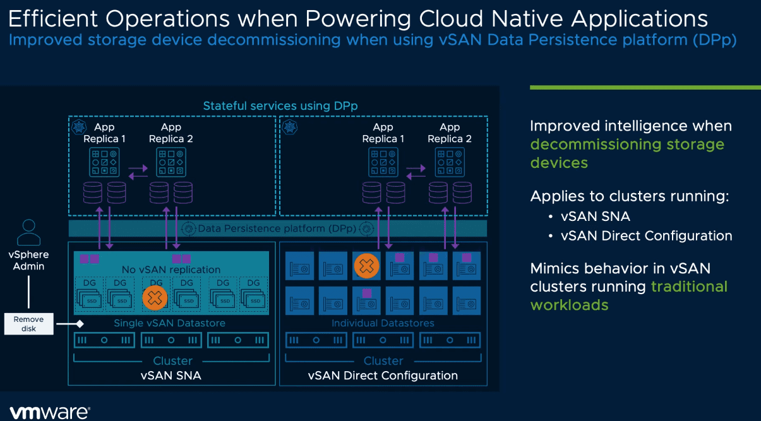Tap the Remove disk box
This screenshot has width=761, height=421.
(x=29, y=324)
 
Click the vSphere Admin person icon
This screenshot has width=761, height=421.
(x=29, y=232)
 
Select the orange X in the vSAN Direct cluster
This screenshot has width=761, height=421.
(x=366, y=266)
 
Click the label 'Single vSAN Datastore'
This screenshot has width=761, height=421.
(x=169, y=323)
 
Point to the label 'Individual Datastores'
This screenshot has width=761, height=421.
(x=383, y=323)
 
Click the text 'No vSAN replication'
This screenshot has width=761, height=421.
(x=171, y=270)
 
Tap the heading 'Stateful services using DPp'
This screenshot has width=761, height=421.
(x=280, y=106)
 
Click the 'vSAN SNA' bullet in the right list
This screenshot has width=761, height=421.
(x=595, y=216)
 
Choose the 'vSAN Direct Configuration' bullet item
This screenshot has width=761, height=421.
(x=646, y=236)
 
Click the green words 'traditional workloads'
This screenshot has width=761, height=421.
(x=628, y=295)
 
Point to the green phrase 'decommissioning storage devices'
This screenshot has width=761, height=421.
(x=626, y=153)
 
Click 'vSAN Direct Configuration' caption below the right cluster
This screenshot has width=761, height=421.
(x=383, y=376)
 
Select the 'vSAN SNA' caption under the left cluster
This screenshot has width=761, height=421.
(x=172, y=376)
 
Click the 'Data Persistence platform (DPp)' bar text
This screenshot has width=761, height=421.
(x=277, y=228)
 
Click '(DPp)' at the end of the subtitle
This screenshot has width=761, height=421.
(x=714, y=40)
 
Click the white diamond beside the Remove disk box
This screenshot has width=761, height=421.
(x=80, y=324)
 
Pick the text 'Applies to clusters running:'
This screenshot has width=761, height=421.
(x=629, y=196)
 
